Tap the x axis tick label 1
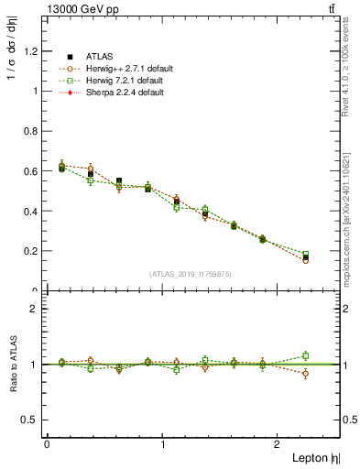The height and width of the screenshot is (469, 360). tap(163, 444)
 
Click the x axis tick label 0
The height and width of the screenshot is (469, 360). tap(47, 444)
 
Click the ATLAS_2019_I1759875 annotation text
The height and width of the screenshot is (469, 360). tap(191, 274)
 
